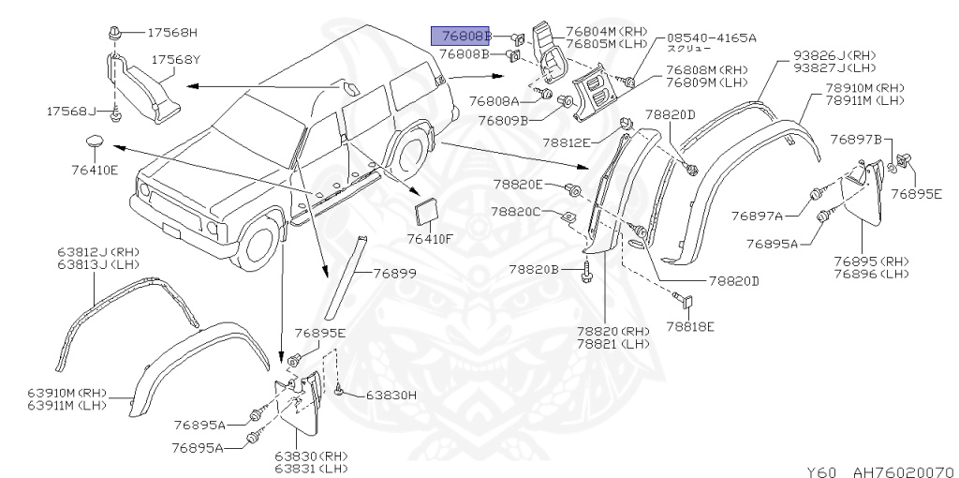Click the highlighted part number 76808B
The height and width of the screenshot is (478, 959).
(x=461, y=37)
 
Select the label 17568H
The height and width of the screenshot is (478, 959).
(x=173, y=32)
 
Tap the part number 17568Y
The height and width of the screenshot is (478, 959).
(x=177, y=59)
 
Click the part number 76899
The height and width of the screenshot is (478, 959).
(x=393, y=274)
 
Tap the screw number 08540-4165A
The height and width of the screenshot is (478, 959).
(x=711, y=37)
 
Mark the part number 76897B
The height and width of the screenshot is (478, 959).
(x=859, y=140)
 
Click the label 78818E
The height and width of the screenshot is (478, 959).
(x=690, y=326)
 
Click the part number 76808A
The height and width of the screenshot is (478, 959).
(x=494, y=100)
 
